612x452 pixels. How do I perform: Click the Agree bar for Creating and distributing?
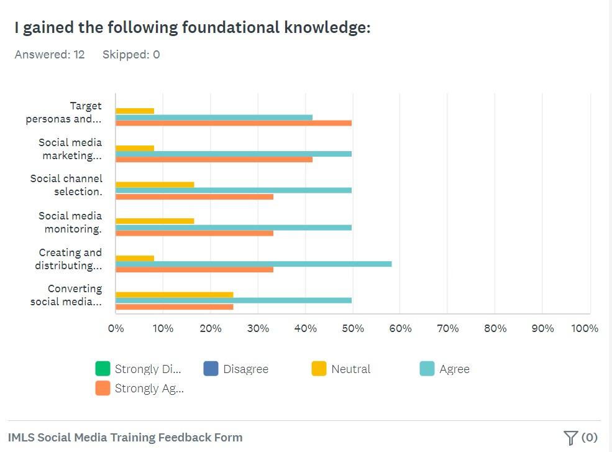pos(253,264)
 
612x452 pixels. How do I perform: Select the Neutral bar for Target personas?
pos(135,111)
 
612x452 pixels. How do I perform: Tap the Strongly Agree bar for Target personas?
pos(234,123)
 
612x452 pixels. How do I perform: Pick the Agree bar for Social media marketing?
pos(234,154)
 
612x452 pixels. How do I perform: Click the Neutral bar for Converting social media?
pos(175,295)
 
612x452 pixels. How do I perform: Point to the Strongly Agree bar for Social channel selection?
pos(194,196)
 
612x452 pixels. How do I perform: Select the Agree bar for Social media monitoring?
pos(234,228)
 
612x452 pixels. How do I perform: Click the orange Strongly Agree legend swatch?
pos(103,388)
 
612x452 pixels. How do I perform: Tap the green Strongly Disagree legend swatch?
pos(103,369)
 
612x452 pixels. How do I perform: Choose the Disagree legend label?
pos(245,369)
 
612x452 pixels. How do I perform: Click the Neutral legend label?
pos(350,369)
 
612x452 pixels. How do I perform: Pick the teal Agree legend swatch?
pos(427,369)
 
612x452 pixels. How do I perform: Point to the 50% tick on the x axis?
pos(353,328)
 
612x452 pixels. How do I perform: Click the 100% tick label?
pos(584,328)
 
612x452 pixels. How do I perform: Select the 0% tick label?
pos(116,328)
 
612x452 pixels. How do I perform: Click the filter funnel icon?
pos(570,438)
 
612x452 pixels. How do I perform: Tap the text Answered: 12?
pos(50,55)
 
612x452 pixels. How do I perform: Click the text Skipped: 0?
pos(131,55)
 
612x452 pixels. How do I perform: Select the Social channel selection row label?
pos(66,185)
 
